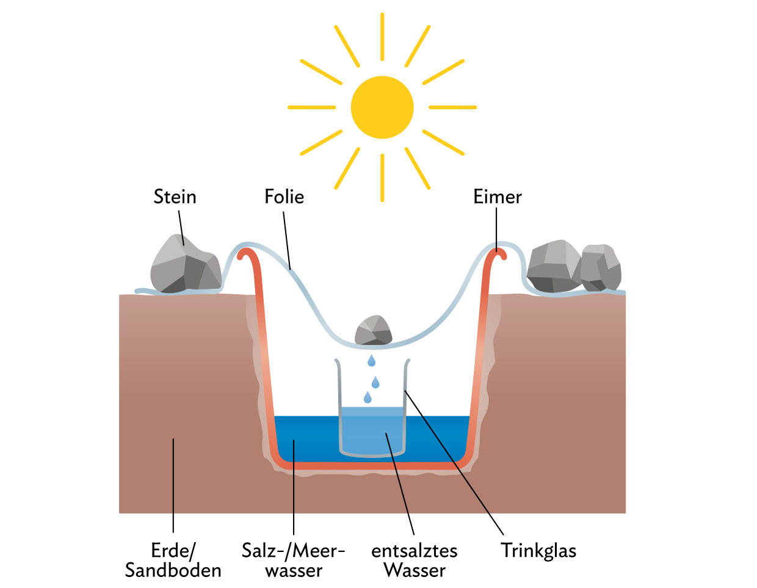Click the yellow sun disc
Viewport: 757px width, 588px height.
[x=382, y=107]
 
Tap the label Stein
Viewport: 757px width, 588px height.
[x=175, y=197]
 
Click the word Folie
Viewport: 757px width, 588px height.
[x=284, y=197]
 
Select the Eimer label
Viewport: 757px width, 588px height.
[x=498, y=197]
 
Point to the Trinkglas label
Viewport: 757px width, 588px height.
[x=538, y=551]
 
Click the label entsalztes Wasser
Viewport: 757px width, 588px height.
[x=415, y=561]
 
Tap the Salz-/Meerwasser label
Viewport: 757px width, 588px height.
[x=294, y=561]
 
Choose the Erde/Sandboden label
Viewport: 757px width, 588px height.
[x=173, y=561]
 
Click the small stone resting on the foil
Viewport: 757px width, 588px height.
[x=373, y=330]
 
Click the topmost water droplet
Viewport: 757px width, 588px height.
[x=371, y=361]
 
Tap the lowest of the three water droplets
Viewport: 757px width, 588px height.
[x=368, y=397]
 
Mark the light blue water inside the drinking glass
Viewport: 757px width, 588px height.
[x=372, y=430]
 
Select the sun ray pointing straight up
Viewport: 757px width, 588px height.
[x=382, y=37]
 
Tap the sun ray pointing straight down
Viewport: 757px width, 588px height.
[x=382, y=177]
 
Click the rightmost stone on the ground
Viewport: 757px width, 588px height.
[x=601, y=267]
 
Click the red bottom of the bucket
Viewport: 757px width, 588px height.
[x=372, y=466]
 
